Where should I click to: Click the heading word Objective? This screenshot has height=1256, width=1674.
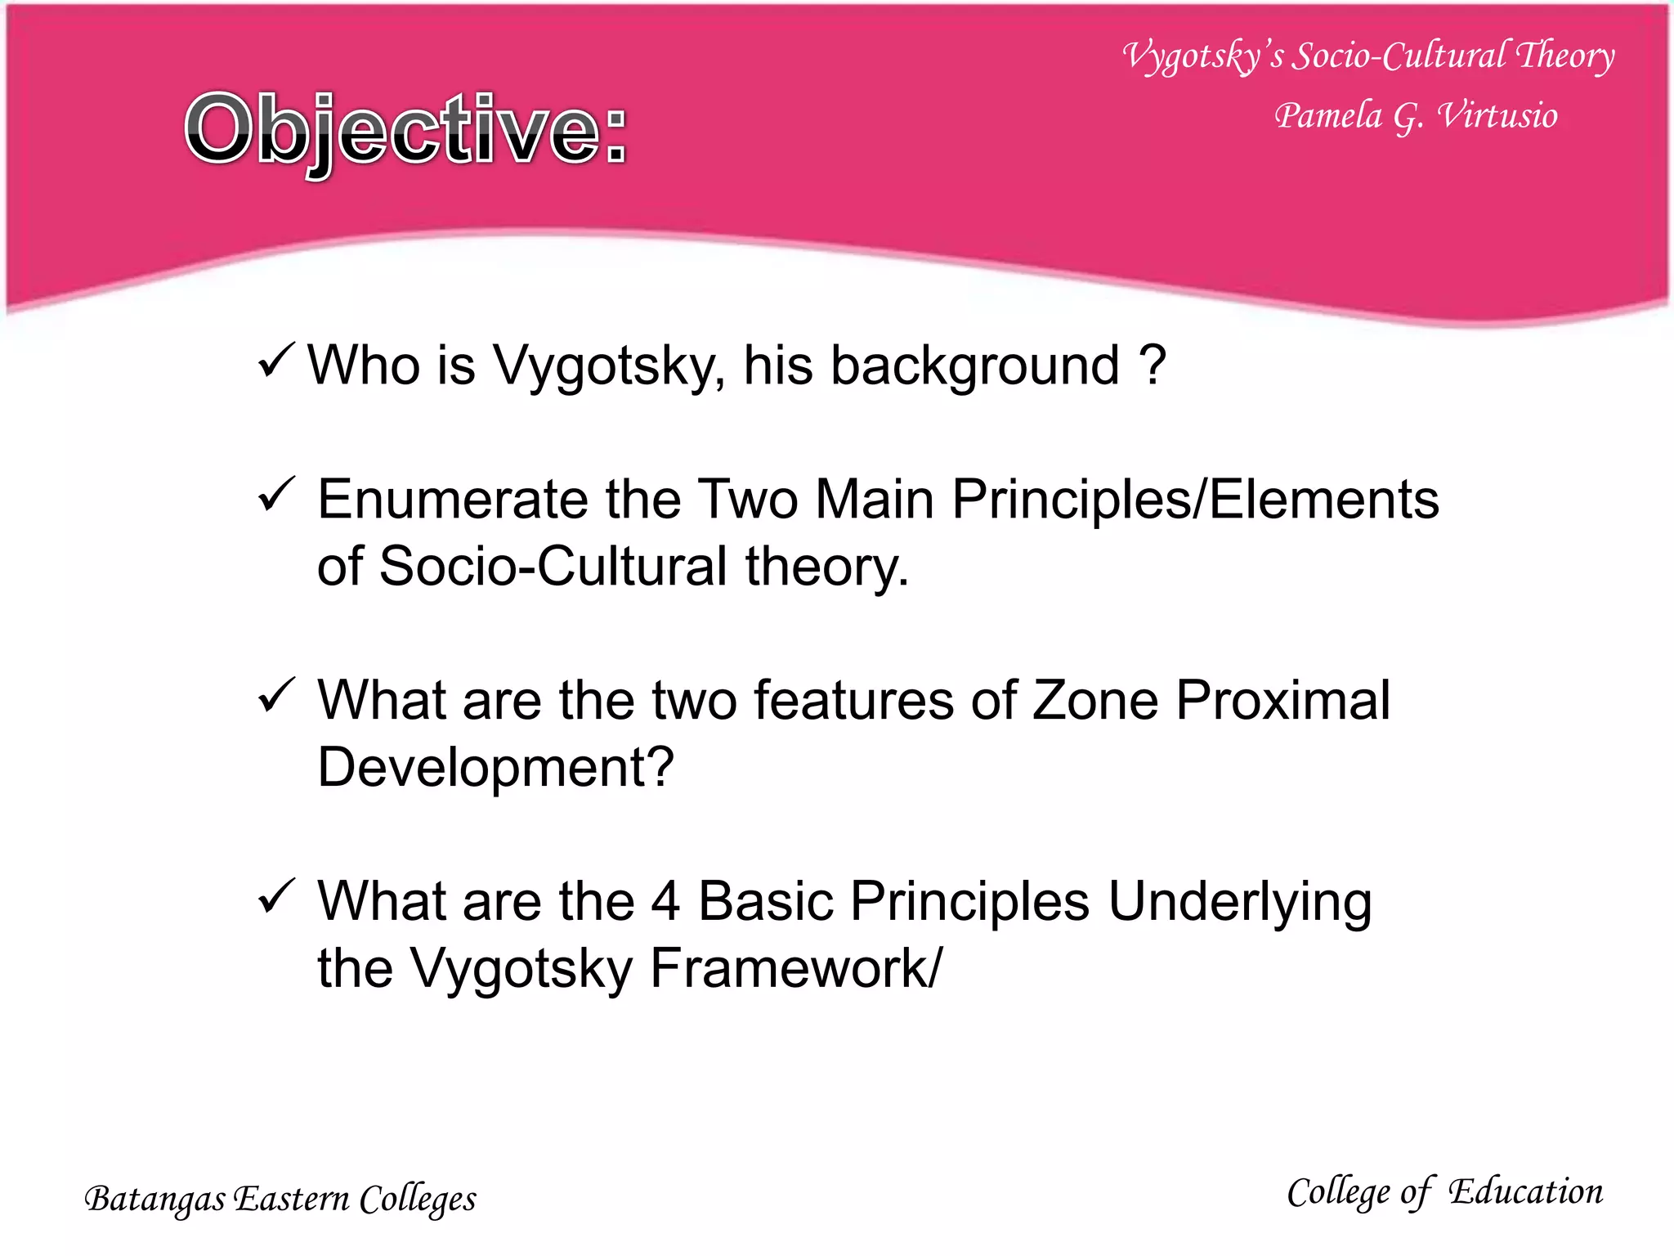pyautogui.click(x=405, y=131)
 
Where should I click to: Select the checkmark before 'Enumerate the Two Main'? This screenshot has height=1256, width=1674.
pyautogui.click(x=275, y=495)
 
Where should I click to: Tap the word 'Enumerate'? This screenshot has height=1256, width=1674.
pyautogui.click(x=452, y=500)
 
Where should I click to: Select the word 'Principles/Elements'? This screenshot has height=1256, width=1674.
pyautogui.click(x=1195, y=500)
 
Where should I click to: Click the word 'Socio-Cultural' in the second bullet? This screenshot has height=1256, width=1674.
pyautogui.click(x=553, y=567)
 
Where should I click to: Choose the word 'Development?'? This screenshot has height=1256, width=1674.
pyautogui.click(x=495, y=768)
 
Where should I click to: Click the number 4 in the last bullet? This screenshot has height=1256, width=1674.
pyautogui.click(x=665, y=902)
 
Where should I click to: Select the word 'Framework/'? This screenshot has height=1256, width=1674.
pyautogui.click(x=795, y=969)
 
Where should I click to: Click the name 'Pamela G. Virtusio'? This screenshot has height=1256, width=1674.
pyautogui.click(x=1415, y=116)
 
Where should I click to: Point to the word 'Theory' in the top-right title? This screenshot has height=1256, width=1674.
pyautogui.click(x=1564, y=56)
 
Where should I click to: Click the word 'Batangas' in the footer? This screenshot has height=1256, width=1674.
pyautogui.click(x=155, y=1200)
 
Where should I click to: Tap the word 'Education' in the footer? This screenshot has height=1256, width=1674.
pyautogui.click(x=1525, y=1192)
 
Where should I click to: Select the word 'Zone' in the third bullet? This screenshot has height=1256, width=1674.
pyautogui.click(x=1095, y=701)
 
